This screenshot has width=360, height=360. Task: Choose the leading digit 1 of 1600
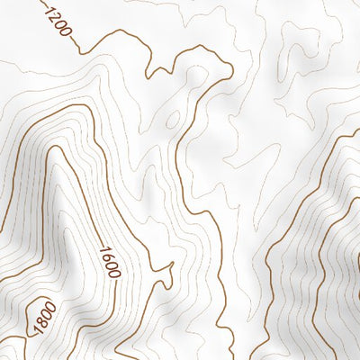pos(105,249)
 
